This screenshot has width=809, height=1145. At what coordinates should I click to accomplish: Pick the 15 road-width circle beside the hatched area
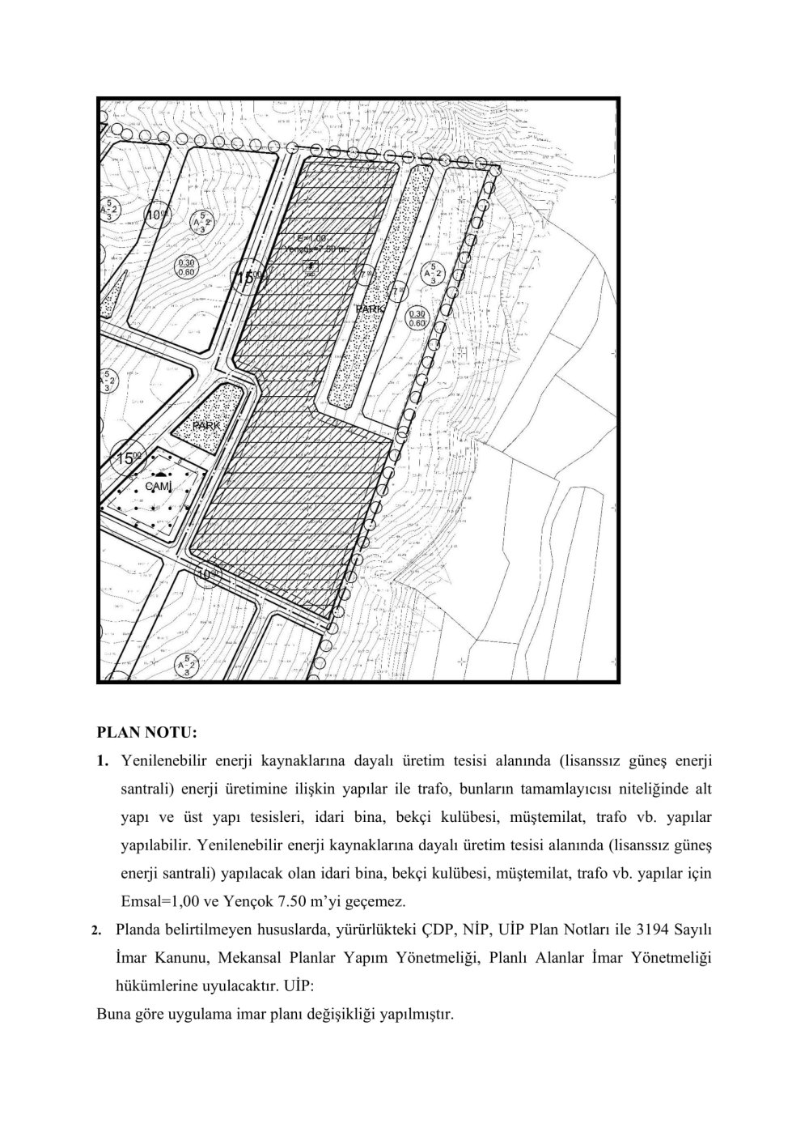click(x=248, y=279)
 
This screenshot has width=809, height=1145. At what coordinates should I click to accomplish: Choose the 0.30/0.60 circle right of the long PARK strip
click(x=417, y=317)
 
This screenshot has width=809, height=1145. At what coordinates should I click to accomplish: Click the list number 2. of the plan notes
click(x=96, y=930)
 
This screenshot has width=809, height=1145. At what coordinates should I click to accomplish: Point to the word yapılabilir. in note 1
click(x=154, y=845)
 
